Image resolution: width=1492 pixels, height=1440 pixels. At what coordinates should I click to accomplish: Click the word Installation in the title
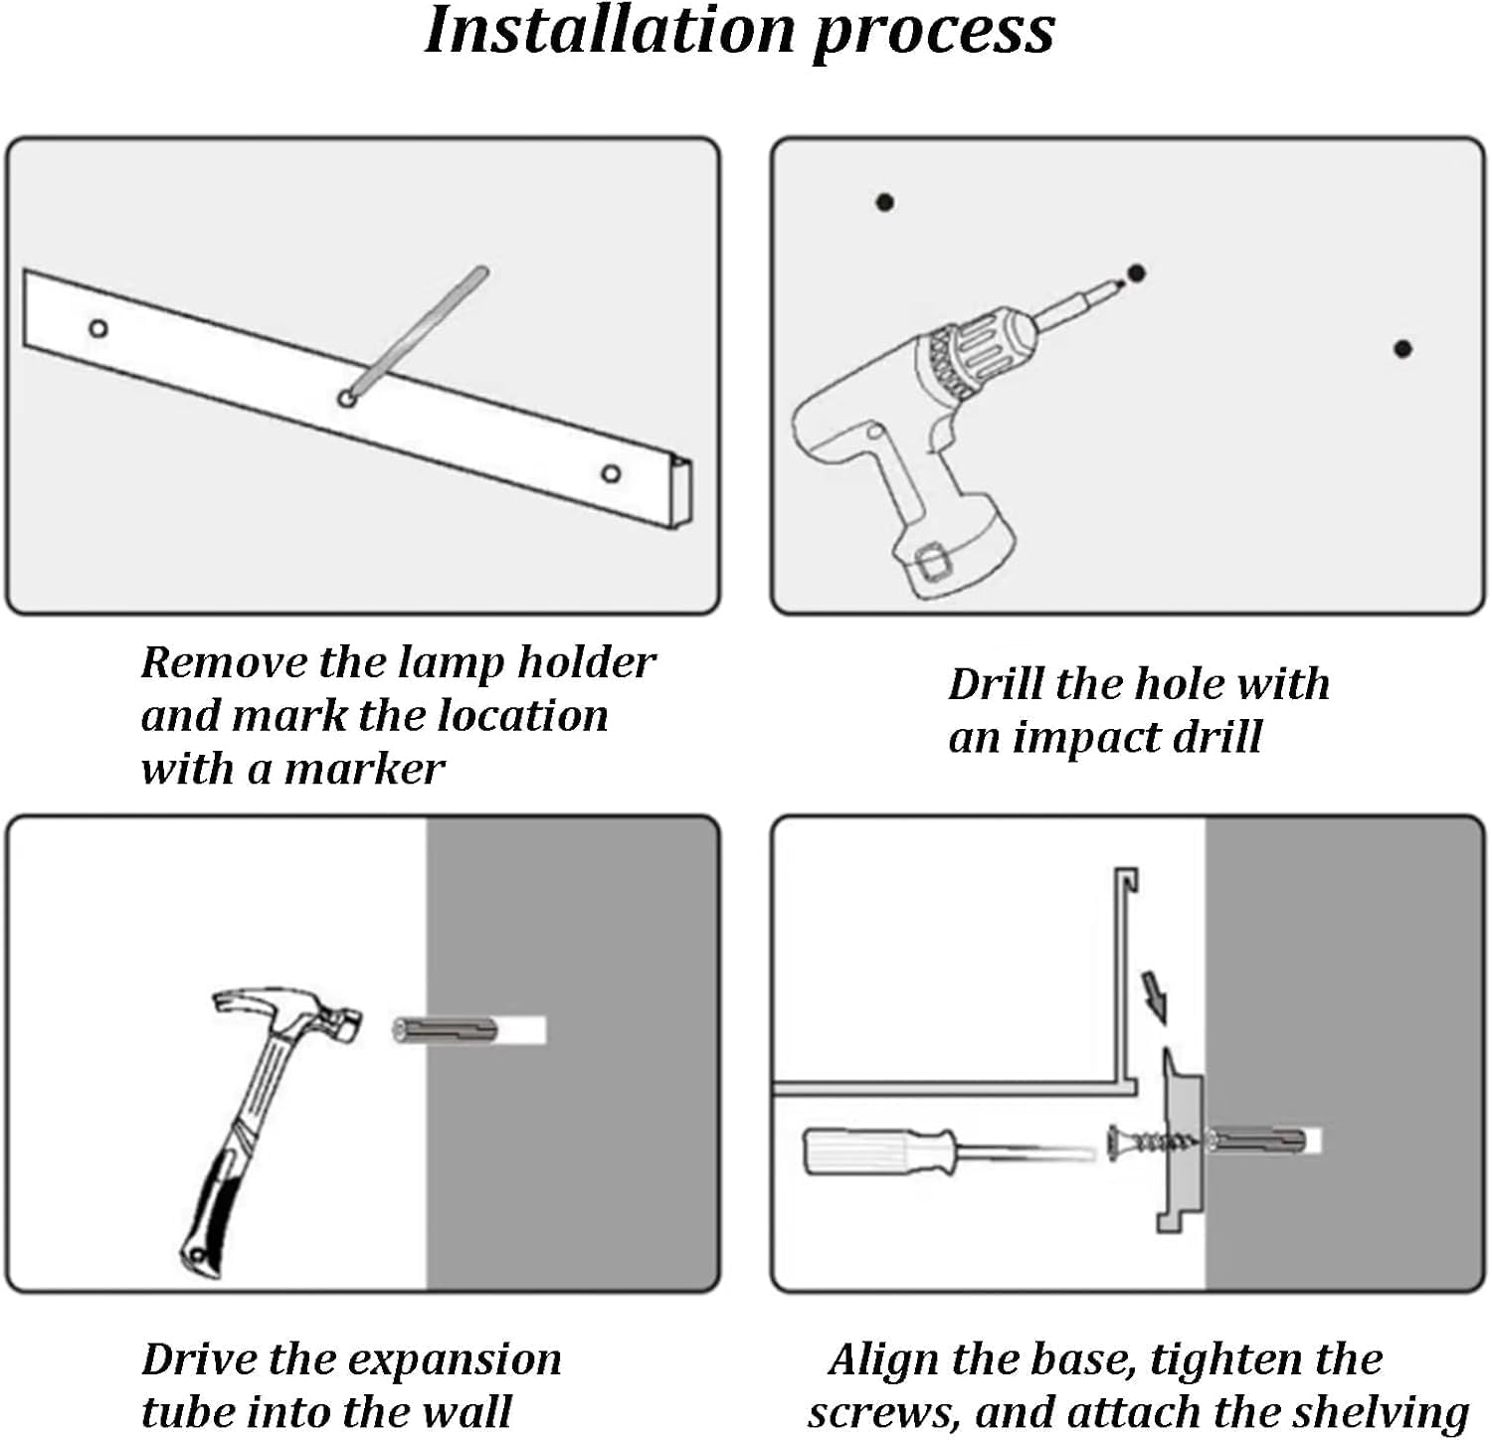(610, 32)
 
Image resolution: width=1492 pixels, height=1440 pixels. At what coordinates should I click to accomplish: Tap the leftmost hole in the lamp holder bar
(98, 328)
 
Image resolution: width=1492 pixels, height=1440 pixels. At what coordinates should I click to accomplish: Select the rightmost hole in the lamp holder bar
(612, 473)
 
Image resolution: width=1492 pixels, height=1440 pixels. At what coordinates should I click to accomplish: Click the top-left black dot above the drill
(884, 203)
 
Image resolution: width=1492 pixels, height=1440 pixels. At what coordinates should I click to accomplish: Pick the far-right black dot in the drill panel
(1402, 349)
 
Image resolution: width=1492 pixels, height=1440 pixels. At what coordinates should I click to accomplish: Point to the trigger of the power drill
(941, 435)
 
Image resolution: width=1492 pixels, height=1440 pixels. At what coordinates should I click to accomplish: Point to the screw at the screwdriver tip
(1154, 1141)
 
